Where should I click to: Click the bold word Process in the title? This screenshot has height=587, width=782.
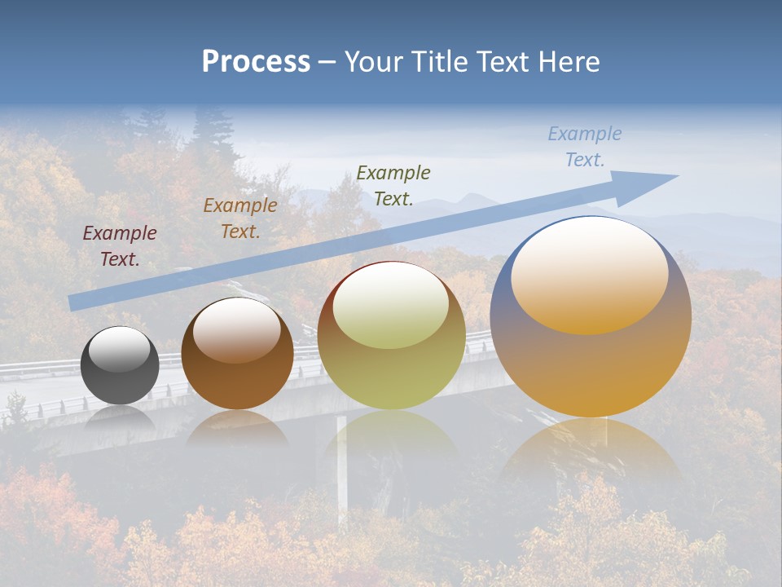256,62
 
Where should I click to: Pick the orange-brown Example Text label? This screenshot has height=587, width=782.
240,218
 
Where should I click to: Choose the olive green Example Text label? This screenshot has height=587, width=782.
393,185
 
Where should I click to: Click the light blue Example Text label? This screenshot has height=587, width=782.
585,147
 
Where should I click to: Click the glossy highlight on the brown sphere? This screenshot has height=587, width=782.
237,329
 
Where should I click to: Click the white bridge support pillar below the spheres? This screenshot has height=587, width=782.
342,465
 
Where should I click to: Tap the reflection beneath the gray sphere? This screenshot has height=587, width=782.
120,420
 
